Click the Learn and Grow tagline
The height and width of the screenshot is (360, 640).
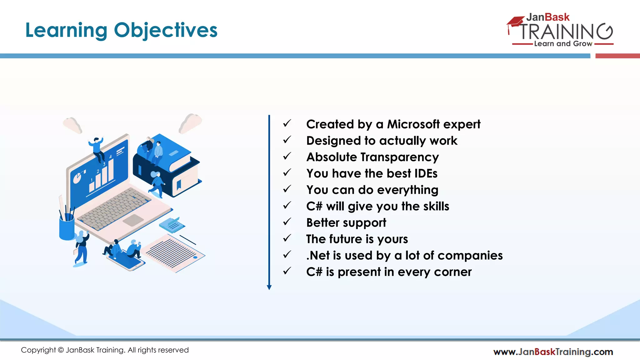click(x=563, y=44)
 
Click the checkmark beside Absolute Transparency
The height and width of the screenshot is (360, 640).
click(x=287, y=156)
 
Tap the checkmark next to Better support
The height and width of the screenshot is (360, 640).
click(x=287, y=222)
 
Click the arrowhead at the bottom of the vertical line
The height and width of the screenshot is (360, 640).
click(x=269, y=287)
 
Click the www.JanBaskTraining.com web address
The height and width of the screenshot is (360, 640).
click(x=553, y=352)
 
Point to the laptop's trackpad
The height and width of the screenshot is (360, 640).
click(x=133, y=220)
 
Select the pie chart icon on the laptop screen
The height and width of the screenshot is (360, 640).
click(x=77, y=178)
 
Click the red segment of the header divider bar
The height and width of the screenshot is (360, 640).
click(x=617, y=56)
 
